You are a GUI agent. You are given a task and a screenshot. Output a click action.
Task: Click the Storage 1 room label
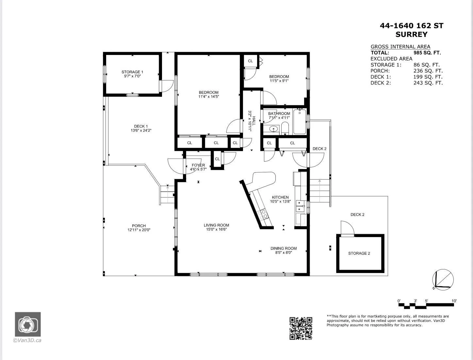click(132, 72)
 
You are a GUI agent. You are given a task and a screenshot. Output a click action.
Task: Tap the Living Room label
click(216, 225)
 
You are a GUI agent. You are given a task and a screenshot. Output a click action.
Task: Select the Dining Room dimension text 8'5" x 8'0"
click(284, 252)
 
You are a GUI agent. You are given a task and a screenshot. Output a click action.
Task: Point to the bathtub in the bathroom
click(300, 122)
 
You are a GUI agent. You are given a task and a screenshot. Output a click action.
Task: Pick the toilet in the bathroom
click(285, 128)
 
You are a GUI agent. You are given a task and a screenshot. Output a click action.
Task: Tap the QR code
click(301, 328)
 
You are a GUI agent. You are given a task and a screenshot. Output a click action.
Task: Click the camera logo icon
click(28, 324)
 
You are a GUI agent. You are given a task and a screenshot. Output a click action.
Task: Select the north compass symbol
click(443, 280)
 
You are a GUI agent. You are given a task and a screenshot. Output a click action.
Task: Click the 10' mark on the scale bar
click(454, 301)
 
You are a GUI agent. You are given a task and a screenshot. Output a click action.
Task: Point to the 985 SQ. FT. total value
click(427, 53)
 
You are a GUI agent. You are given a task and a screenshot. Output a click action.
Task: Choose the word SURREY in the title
click(411, 35)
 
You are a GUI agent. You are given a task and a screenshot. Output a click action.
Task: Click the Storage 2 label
click(359, 253)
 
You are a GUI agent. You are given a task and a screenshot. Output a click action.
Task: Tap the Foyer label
click(198, 165)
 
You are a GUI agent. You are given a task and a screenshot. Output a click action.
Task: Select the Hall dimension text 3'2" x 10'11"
click(250, 121)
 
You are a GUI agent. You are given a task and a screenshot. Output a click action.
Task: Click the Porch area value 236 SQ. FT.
click(428, 71)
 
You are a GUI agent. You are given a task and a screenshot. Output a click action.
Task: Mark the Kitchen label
click(280, 197)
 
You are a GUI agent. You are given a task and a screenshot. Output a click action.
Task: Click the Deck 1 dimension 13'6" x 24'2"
click(141, 130)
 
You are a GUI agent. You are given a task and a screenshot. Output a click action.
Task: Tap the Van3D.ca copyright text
click(27, 340)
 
